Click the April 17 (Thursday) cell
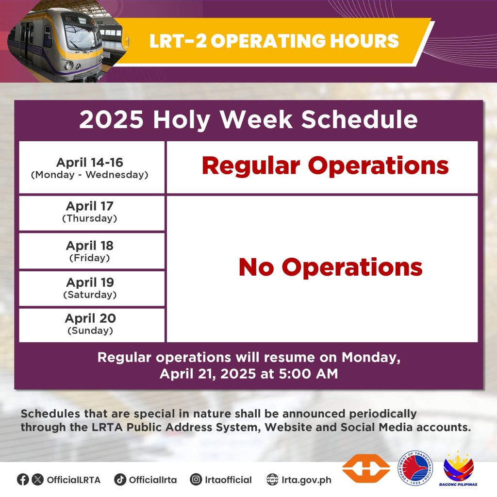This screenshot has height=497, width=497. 92,213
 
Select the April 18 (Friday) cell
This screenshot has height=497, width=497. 92,251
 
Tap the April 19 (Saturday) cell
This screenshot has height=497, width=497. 92,288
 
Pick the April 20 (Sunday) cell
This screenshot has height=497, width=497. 92,325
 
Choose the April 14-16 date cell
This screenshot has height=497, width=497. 92,167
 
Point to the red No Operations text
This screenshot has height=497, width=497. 331,267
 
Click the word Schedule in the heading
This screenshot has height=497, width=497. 359,119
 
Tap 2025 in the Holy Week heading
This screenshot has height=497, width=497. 111,119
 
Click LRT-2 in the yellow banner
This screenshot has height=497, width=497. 178,41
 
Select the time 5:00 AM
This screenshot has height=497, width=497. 308,374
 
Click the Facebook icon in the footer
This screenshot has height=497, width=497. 23,480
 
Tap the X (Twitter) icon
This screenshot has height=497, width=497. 38,480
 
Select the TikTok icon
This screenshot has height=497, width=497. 120,480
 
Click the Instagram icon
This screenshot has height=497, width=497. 196,480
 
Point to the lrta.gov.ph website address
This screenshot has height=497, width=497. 307,480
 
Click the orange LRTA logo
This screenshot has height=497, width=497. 366,468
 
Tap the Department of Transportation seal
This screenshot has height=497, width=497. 415,468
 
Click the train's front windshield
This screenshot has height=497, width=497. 82,37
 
